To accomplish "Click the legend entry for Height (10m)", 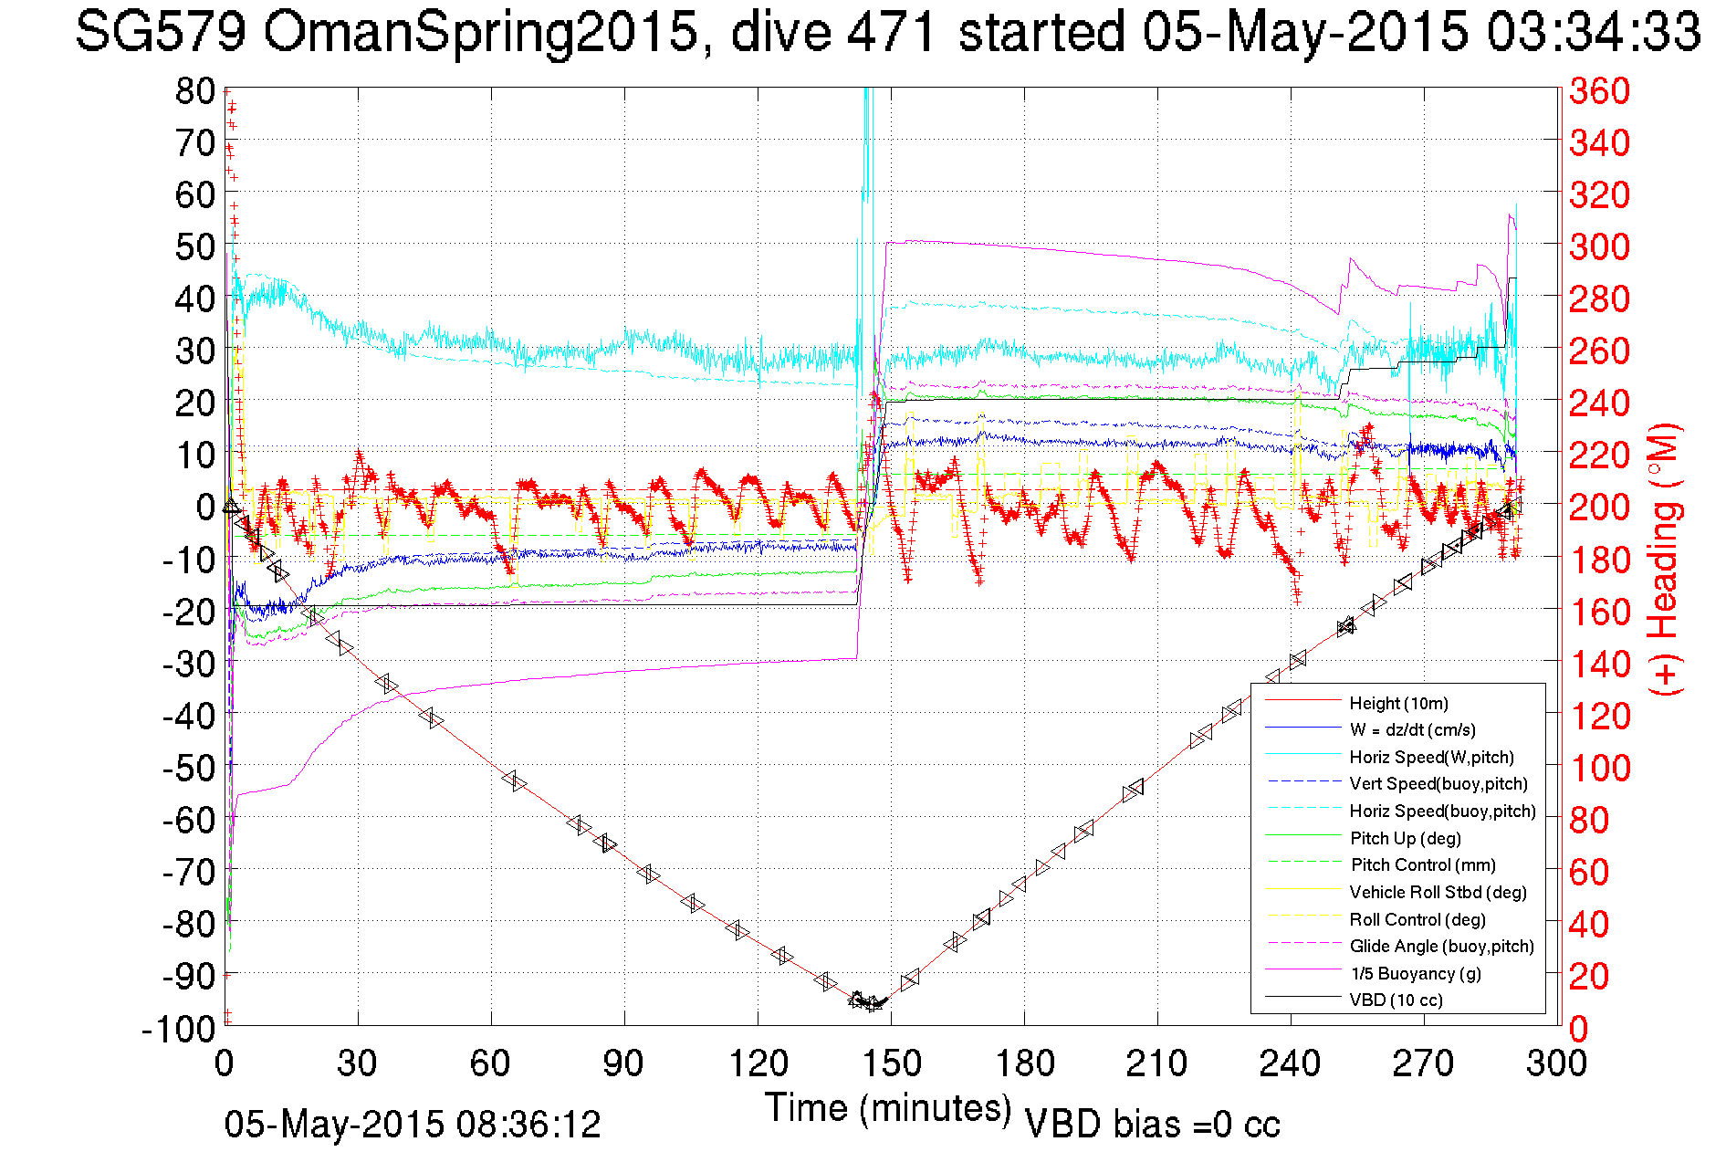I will pyautogui.click(x=1398, y=703).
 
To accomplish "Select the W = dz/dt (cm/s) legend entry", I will pyautogui.click(x=1412, y=729).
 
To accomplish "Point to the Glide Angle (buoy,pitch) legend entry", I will pyautogui.click(x=1441, y=946).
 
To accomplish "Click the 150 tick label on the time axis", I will pyautogui.click(x=891, y=1063).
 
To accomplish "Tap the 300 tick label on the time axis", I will pyautogui.click(x=1557, y=1063).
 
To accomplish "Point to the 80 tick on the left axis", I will pyautogui.click(x=195, y=91).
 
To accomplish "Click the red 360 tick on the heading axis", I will pyautogui.click(x=1599, y=91).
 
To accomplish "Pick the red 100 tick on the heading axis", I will pyautogui.click(x=1599, y=768).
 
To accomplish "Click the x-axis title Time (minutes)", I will pyautogui.click(x=888, y=1108).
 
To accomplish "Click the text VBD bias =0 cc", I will pyautogui.click(x=1152, y=1125).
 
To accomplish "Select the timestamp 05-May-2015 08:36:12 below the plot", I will pyautogui.click(x=413, y=1125).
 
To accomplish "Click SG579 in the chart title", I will pyautogui.click(x=160, y=32).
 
